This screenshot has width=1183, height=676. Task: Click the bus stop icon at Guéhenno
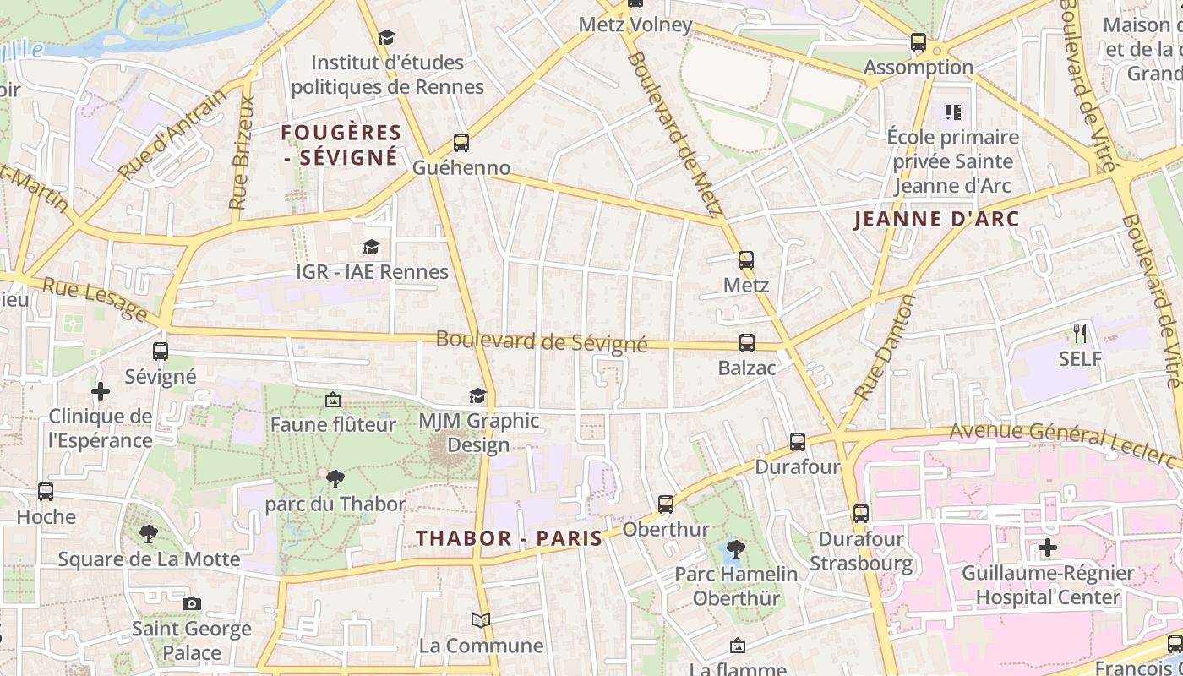[x=461, y=142]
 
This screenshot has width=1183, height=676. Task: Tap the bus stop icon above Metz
[x=745, y=259]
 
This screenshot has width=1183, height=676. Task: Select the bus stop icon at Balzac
[x=747, y=342]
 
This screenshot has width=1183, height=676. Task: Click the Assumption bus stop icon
[x=918, y=41]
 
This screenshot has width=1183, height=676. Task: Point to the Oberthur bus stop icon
[x=666, y=504]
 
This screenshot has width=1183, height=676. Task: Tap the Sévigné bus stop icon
[x=161, y=351]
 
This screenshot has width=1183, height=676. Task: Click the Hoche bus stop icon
[x=46, y=491]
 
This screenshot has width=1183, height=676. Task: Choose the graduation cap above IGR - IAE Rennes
[x=371, y=247]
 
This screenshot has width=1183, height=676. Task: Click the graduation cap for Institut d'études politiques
[x=386, y=37]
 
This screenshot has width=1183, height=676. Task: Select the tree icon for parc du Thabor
[x=335, y=479]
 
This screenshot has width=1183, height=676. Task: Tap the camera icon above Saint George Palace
[x=192, y=603]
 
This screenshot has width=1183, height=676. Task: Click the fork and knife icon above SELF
[x=1079, y=334]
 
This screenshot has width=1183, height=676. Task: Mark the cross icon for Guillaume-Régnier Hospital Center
[x=1048, y=548]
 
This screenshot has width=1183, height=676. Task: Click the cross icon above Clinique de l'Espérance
[x=101, y=391]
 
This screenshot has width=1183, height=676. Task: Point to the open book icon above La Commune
[x=481, y=621]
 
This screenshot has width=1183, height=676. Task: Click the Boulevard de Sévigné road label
[x=542, y=341]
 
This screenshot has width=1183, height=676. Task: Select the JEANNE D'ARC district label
[x=936, y=220]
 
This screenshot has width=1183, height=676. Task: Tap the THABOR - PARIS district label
[x=510, y=538]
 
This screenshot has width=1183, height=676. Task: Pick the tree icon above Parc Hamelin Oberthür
[x=735, y=548]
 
